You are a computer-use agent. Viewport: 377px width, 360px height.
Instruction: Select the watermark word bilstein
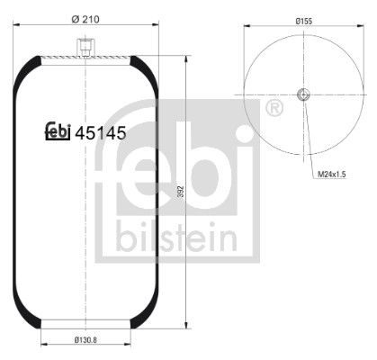click(x=176, y=239)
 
